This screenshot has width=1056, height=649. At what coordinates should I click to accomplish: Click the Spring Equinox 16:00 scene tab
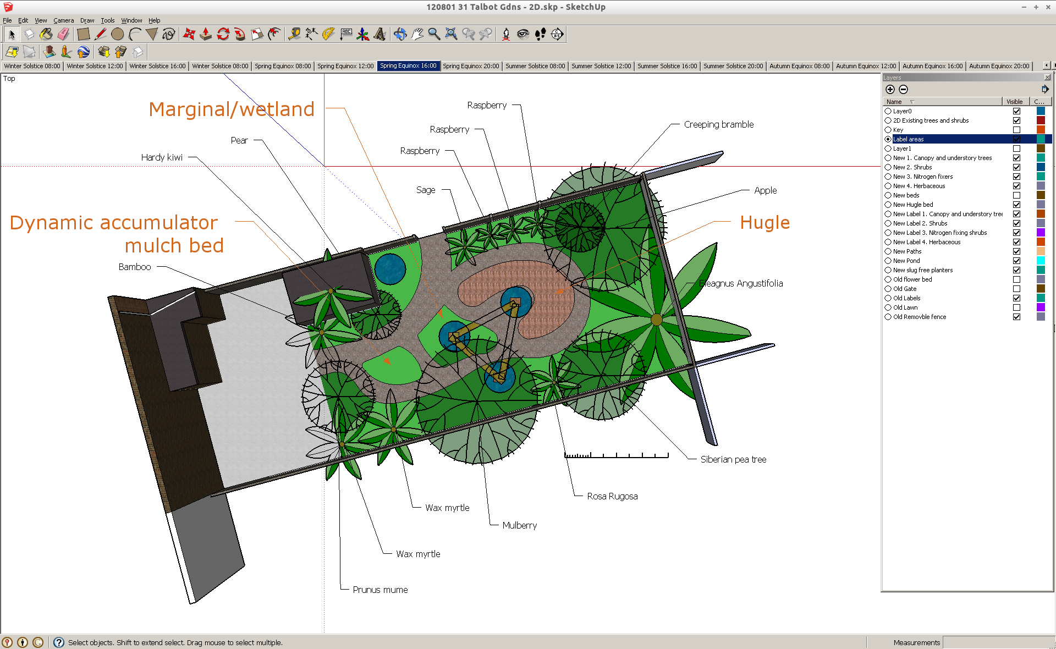(408, 66)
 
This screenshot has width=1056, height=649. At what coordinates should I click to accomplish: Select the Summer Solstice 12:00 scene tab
(601, 66)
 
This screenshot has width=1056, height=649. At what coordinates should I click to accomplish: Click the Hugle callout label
(764, 223)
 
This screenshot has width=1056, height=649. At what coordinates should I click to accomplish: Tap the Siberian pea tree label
(733, 459)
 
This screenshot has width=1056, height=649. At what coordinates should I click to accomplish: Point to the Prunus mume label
(380, 590)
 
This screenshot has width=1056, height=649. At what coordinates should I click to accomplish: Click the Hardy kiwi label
(162, 157)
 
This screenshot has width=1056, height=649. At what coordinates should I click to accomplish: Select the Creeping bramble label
(718, 124)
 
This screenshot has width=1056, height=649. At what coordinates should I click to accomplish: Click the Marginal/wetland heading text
(232, 109)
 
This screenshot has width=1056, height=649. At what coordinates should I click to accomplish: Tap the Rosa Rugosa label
(612, 496)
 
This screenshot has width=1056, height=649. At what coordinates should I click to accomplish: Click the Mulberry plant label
(519, 525)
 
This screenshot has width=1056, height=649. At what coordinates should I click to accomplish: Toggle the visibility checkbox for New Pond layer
(1016, 261)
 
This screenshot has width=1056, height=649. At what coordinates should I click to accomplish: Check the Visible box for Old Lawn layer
(1016, 307)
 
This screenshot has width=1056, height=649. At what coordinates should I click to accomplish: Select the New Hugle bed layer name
(912, 205)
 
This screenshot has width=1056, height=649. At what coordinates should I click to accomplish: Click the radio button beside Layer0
(888, 111)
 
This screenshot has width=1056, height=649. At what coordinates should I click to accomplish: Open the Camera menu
(63, 20)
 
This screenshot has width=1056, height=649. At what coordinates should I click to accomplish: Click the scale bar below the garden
(616, 455)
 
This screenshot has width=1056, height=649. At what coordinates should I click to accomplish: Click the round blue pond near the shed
(390, 268)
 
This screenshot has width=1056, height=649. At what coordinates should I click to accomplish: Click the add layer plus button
(890, 89)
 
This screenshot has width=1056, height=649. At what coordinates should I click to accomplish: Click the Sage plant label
(426, 190)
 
